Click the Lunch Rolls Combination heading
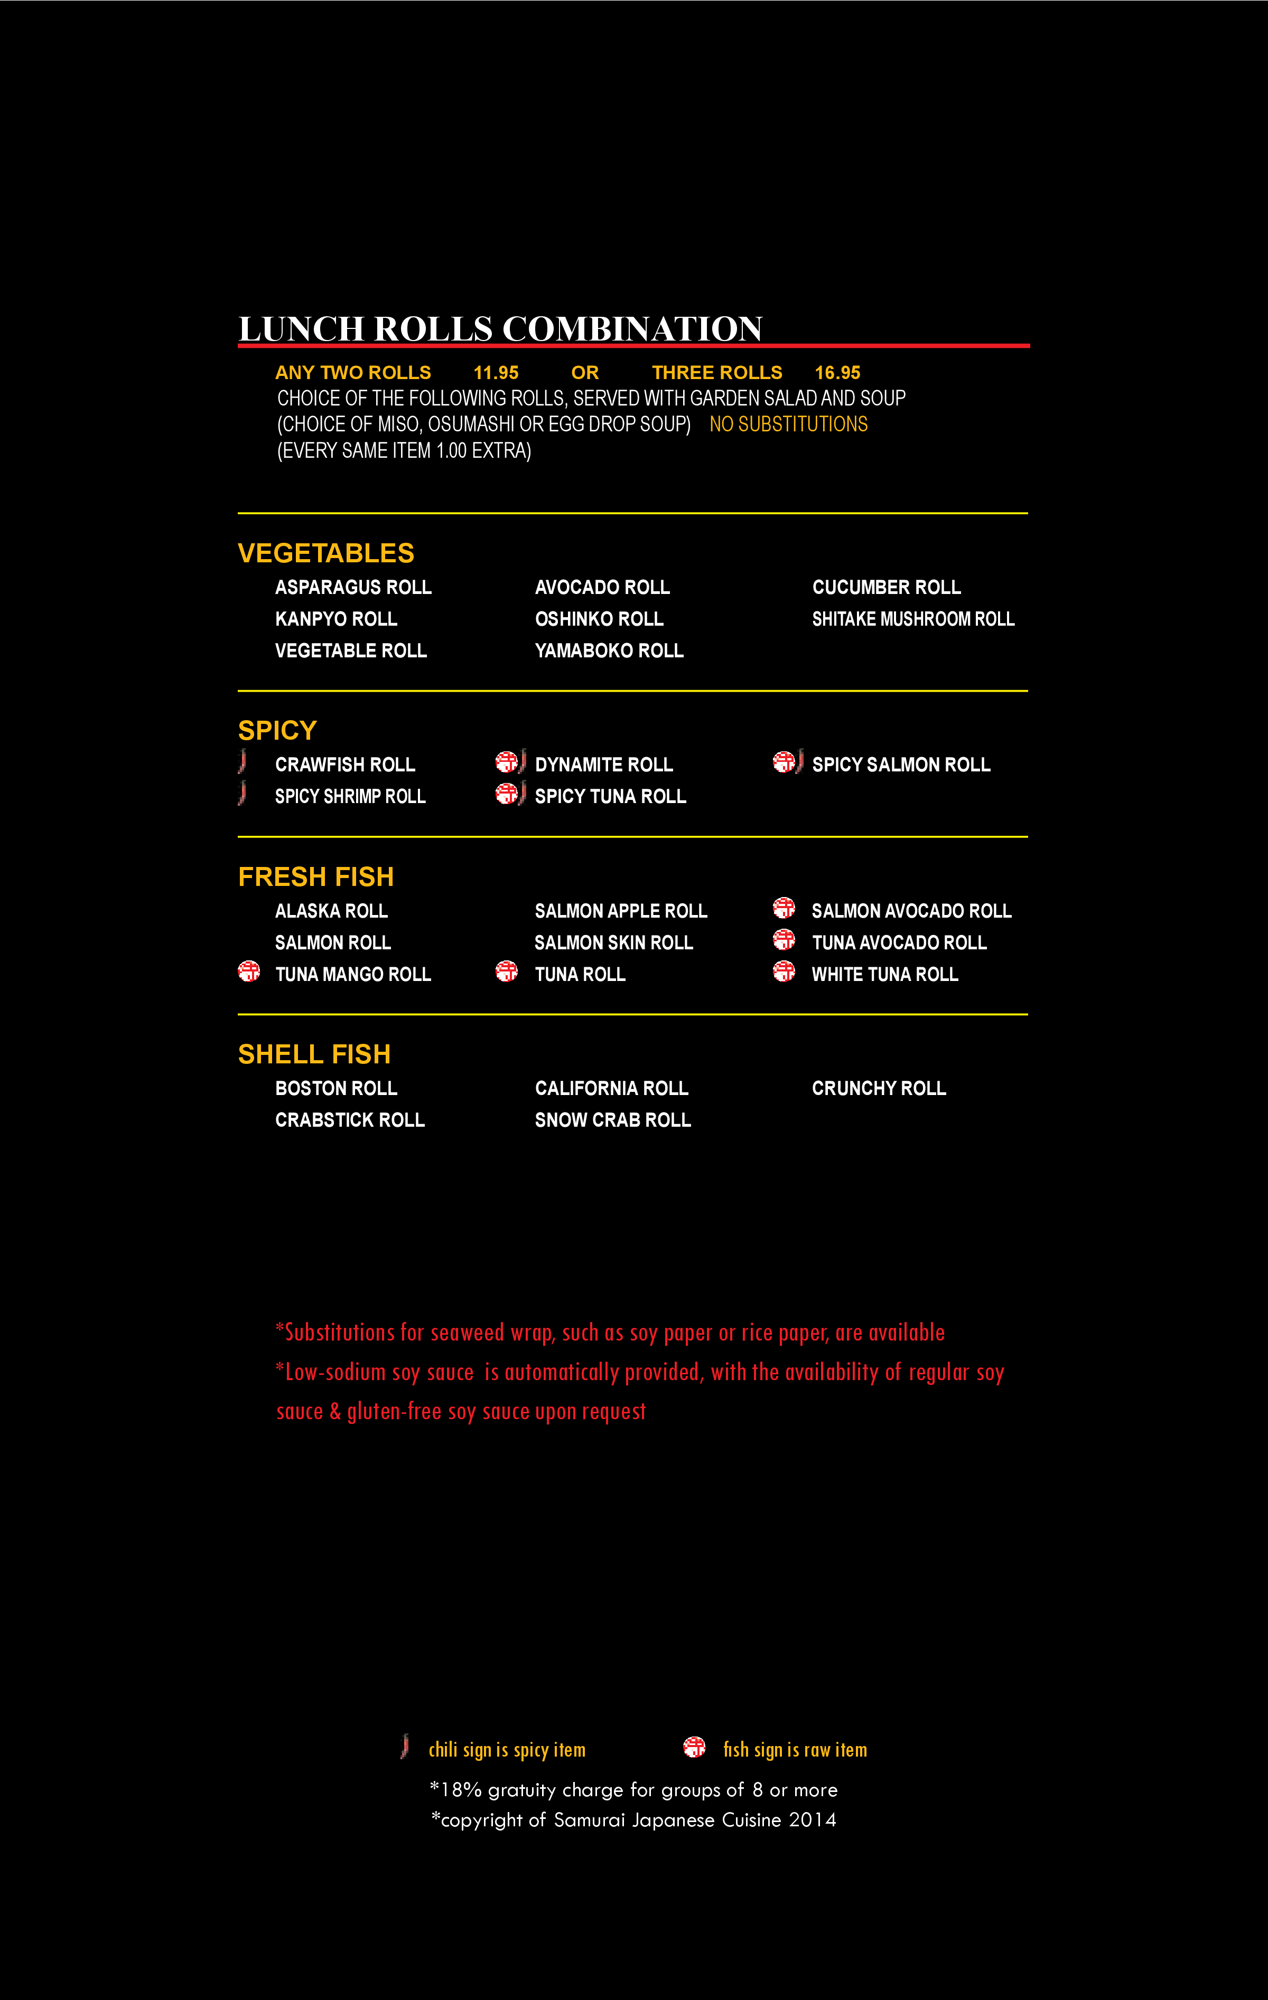coord(500,329)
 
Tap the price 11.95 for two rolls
coord(496,373)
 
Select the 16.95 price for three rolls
coord(837,373)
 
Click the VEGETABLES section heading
coord(326,553)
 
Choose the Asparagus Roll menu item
coord(353,587)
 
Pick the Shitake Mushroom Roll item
coord(912,619)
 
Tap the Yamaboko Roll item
coord(609,650)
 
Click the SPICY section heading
coord(277,730)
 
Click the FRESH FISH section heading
coord(316,876)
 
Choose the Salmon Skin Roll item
coord(613,942)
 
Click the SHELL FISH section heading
coord(314,1054)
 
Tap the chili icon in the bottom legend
coord(405,1746)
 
